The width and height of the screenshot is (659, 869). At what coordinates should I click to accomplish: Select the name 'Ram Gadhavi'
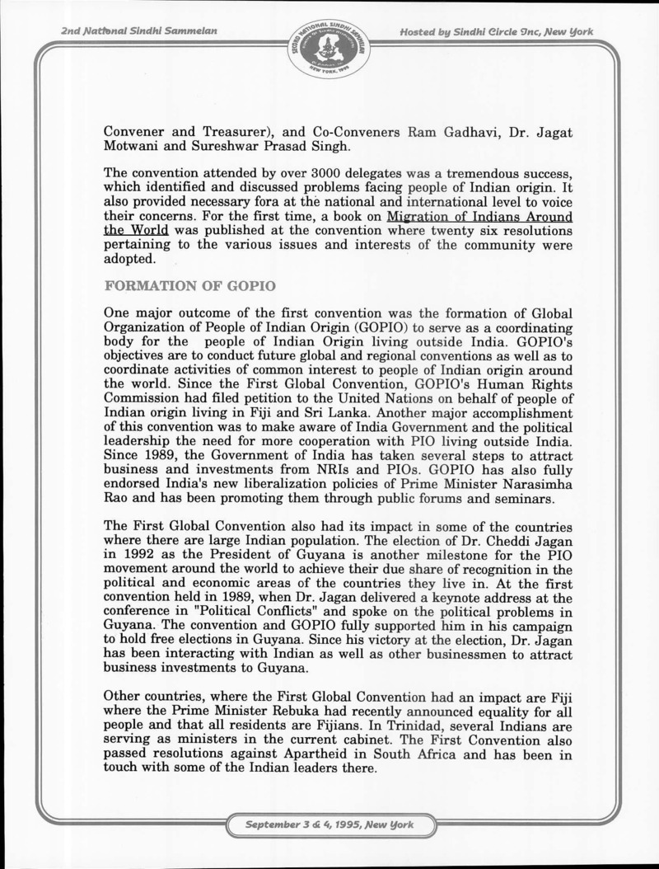click(446, 133)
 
